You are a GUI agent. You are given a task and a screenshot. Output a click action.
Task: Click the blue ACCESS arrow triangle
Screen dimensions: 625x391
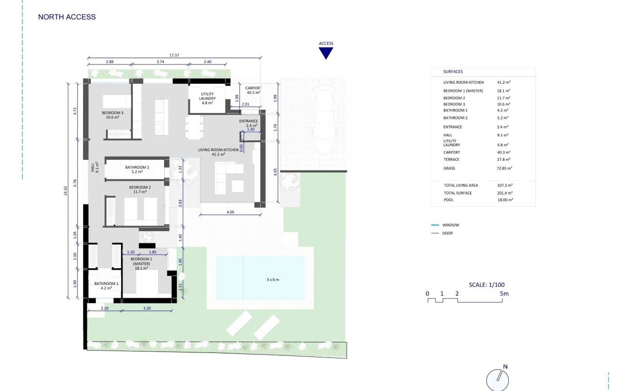(326, 53)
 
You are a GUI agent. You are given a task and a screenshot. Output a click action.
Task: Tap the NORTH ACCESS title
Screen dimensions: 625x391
(67, 17)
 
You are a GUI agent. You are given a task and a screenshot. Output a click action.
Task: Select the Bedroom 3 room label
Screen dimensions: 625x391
(112, 115)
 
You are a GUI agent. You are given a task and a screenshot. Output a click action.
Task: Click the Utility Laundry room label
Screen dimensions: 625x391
(208, 98)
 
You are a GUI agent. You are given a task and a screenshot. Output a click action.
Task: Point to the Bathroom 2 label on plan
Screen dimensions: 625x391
(137, 170)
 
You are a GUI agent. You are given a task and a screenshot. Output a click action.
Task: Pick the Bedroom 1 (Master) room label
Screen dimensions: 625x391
(142, 263)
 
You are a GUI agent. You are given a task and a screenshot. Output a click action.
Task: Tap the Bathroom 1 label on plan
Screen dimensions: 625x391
(106, 286)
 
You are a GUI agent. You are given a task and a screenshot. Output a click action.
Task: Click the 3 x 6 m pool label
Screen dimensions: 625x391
(272, 280)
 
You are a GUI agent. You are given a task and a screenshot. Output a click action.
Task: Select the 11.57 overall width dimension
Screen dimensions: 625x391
(174, 55)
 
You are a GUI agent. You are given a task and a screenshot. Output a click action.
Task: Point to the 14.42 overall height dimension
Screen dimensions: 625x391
(65, 191)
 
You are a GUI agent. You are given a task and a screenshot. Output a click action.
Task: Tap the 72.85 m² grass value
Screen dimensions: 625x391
(504, 168)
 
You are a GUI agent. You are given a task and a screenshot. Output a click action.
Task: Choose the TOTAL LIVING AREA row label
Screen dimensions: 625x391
(461, 185)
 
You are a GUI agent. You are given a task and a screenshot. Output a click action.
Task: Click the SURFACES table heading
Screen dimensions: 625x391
(453, 71)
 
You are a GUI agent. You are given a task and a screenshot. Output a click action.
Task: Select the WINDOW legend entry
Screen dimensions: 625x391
(451, 225)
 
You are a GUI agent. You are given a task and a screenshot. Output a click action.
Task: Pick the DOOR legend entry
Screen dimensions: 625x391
(448, 233)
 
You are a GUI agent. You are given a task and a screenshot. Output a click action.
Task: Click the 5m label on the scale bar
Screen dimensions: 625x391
(504, 294)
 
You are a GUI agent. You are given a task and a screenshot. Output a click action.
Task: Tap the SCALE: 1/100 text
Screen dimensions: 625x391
(487, 285)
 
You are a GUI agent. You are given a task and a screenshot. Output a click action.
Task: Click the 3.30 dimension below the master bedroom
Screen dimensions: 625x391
(147, 308)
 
